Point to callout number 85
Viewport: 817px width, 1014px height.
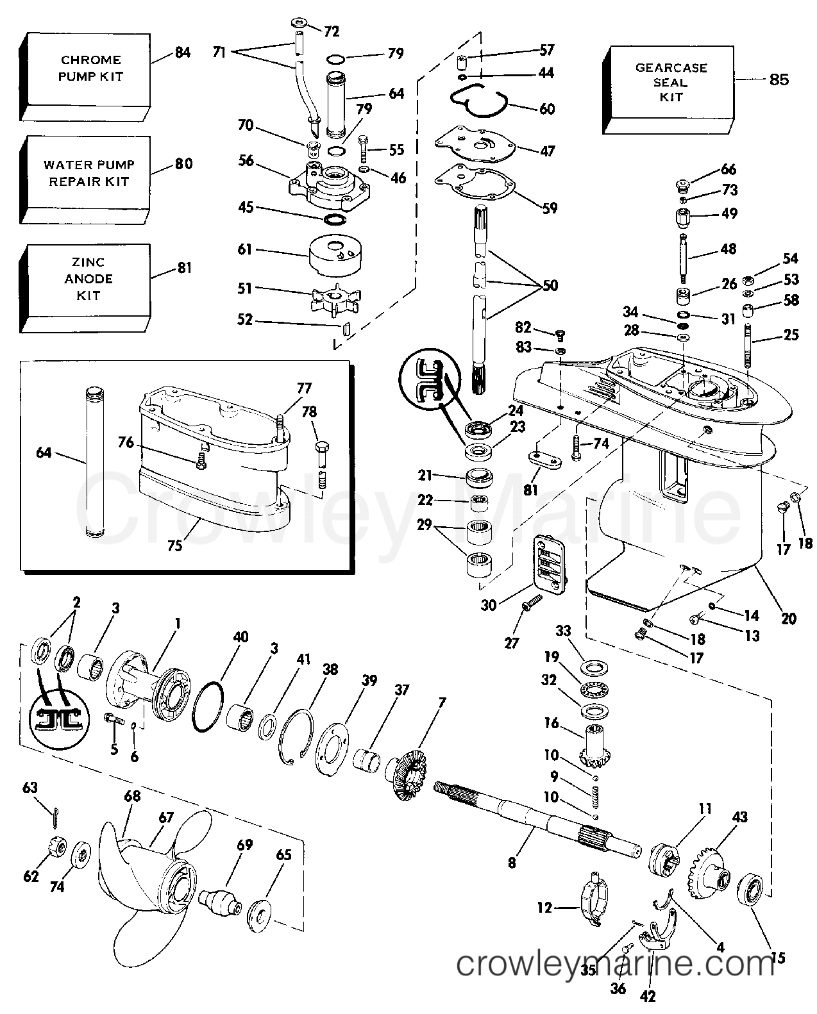(x=779, y=79)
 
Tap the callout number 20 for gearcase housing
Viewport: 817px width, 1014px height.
(x=788, y=618)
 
